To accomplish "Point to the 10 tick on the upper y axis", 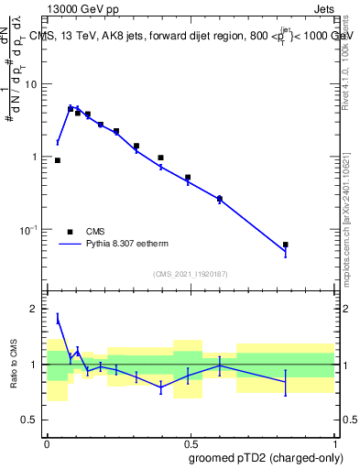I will (36, 84).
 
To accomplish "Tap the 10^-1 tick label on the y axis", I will (32, 229).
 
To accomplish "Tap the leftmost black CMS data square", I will (57, 160).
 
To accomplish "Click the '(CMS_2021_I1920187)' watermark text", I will (190, 273).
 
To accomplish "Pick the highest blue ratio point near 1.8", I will (58, 319).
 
